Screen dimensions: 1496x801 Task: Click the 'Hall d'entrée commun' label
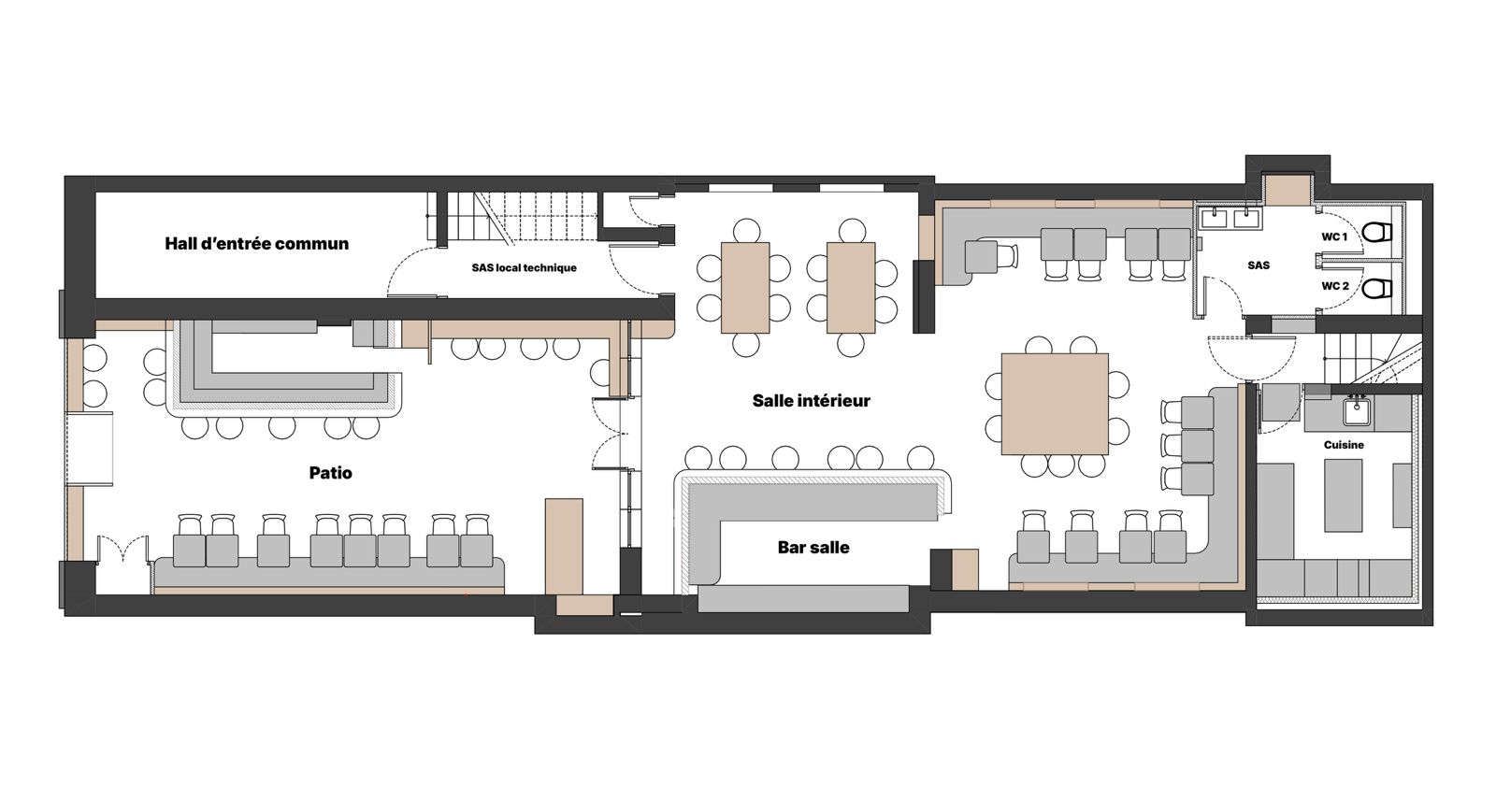[257, 244]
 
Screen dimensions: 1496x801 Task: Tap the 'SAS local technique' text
[525, 267]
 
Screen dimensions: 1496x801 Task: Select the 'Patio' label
[331, 473]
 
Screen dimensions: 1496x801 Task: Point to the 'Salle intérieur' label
[812, 400]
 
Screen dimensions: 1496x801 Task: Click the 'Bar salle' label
[813, 548]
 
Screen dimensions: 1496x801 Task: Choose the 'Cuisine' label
[1344, 445]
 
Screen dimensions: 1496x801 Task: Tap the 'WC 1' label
[1334, 237]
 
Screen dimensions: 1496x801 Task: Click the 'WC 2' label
[1335, 286]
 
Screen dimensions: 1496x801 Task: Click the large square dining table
[1056, 404]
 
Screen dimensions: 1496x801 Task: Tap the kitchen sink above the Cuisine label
[1357, 412]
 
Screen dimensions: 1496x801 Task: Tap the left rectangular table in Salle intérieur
[744, 288]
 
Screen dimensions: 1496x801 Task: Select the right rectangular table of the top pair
[851, 288]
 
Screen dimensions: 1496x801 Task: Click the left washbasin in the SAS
[1214, 217]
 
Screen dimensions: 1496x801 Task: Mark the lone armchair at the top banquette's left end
[990, 256]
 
